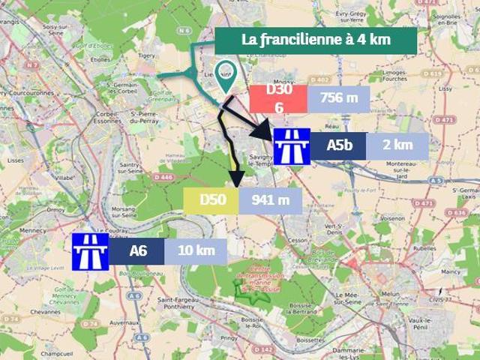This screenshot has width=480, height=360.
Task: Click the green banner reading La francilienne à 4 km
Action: click(315, 40)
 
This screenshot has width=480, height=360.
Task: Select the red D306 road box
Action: click(277, 98)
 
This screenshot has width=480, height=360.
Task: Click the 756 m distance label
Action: click(338, 98)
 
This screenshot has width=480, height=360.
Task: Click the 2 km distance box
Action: click(397, 146)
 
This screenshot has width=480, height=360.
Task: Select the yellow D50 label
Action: click(211, 199)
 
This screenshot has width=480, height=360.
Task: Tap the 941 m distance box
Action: click(270, 199)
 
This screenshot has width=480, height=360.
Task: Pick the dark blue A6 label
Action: click(138, 250)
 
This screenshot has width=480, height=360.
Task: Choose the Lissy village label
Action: click(445, 88)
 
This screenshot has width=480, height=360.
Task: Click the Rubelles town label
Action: click(424, 247)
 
